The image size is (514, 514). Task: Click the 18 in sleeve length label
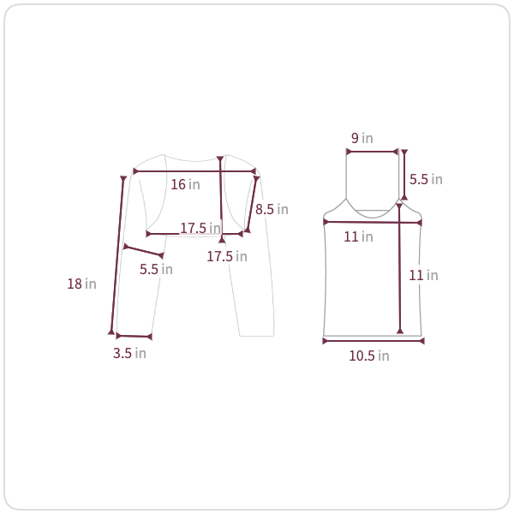pyautogui.click(x=81, y=284)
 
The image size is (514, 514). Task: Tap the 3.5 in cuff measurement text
pyautogui.click(x=129, y=353)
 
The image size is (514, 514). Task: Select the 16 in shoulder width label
pyautogui.click(x=185, y=184)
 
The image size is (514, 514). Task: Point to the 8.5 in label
pyautogui.click(x=272, y=209)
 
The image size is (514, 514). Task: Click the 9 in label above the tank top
pyautogui.click(x=362, y=138)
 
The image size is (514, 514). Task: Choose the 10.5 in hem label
pyautogui.click(x=369, y=356)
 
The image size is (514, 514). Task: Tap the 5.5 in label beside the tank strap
pyautogui.click(x=426, y=179)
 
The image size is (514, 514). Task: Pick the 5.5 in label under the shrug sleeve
pyautogui.click(x=156, y=269)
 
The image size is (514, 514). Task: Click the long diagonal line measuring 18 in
pyautogui.click(x=117, y=255)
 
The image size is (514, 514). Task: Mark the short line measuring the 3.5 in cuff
pyautogui.click(x=134, y=336)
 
